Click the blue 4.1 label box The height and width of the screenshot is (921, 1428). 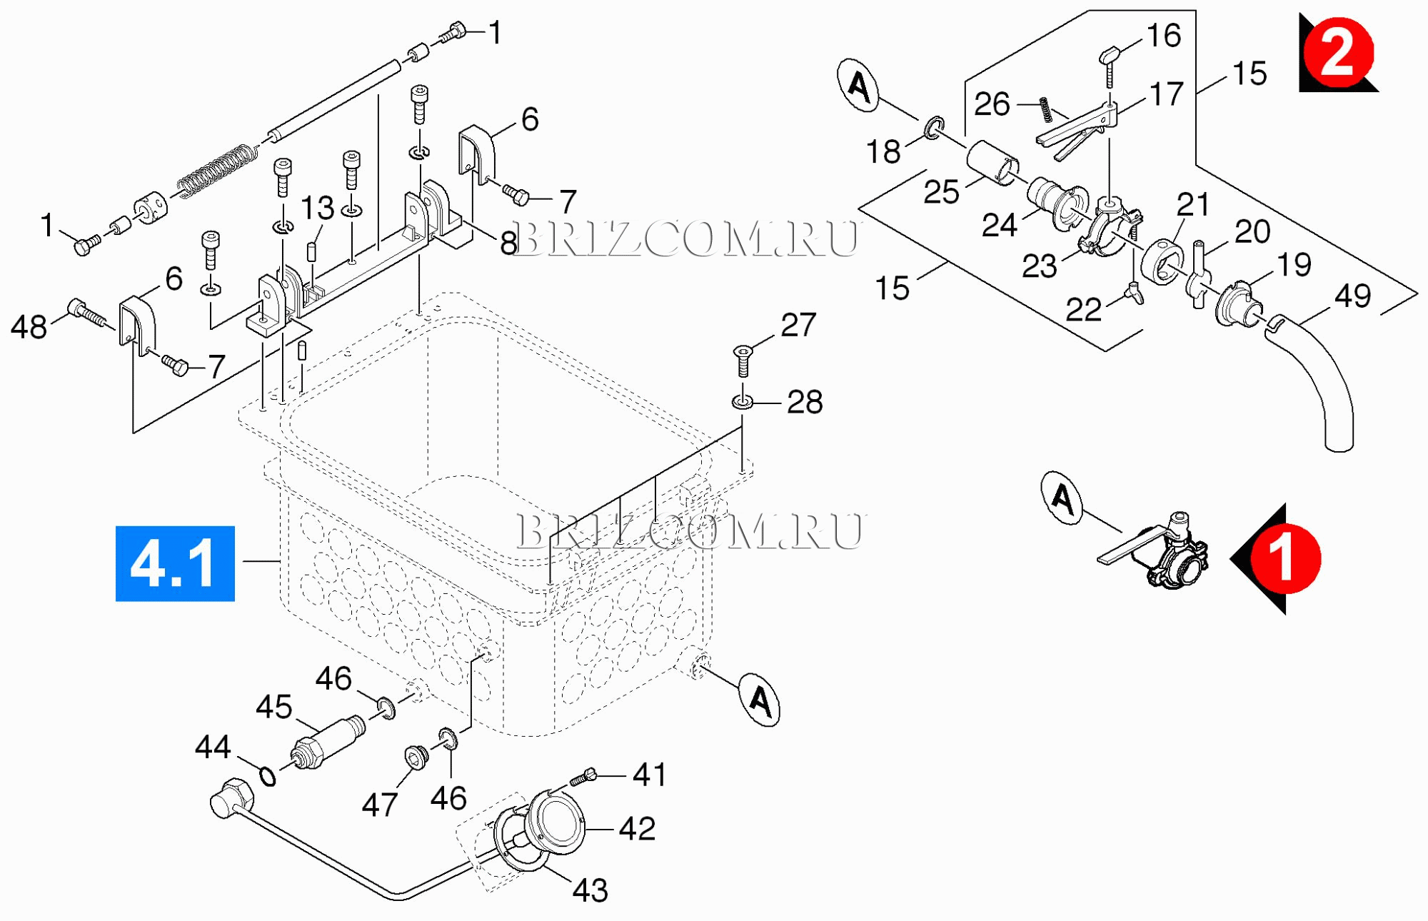[175, 563]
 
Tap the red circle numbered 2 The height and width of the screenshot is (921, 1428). [1338, 53]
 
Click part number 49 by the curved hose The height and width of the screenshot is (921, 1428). [1352, 296]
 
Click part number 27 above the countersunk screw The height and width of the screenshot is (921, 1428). [798, 325]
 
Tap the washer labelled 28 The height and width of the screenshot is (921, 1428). [743, 402]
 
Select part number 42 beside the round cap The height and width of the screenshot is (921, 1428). [637, 828]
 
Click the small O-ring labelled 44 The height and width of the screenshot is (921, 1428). [268, 775]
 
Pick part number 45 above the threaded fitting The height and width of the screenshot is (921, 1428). [274, 707]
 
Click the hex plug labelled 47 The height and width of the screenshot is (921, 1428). [416, 758]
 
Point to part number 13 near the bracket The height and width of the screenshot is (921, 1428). [317, 208]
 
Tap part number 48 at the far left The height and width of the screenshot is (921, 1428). [29, 327]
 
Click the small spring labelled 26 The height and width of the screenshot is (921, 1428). [1045, 109]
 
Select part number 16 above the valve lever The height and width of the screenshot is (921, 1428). [1164, 35]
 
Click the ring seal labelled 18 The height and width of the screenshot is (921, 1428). [933, 128]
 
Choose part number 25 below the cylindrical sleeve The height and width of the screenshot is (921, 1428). [941, 191]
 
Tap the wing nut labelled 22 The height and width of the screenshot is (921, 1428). [1134, 292]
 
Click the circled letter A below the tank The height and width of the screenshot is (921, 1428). [760, 700]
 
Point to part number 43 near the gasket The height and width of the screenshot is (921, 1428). [590, 890]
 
